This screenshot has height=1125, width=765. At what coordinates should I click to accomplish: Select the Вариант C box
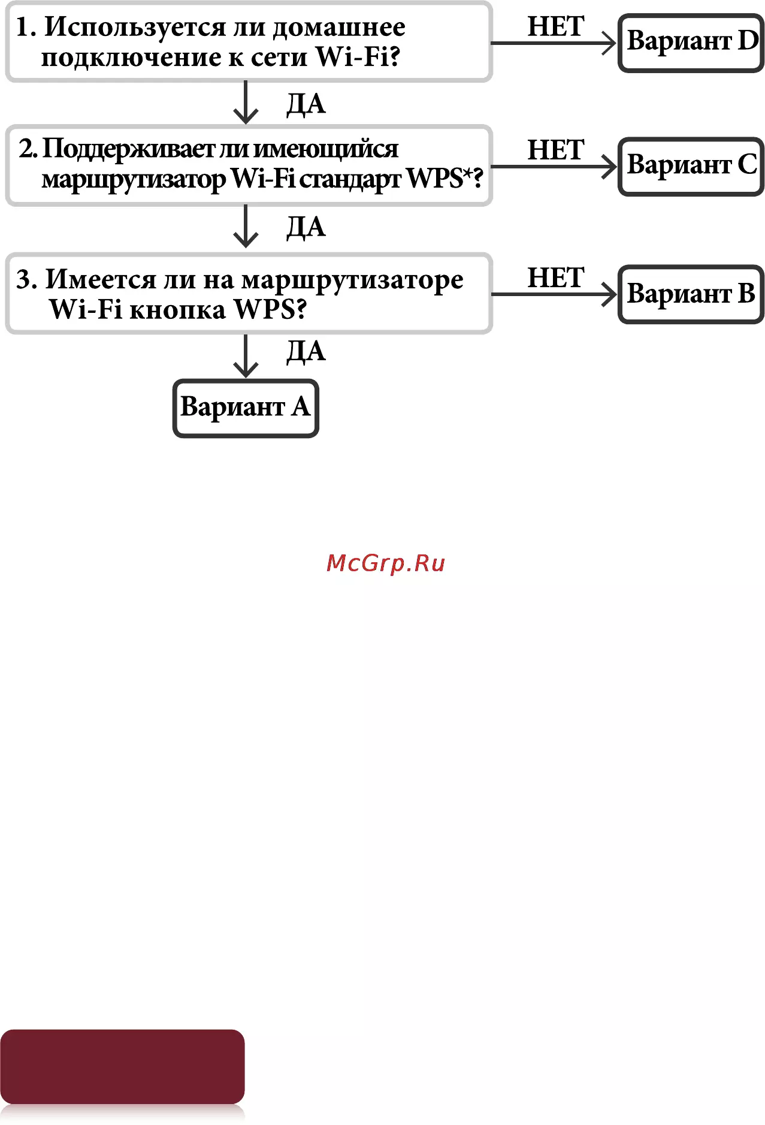tap(691, 166)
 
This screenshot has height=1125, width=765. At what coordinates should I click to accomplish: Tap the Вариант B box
tap(691, 294)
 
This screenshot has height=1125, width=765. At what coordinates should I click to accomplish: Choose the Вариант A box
tap(246, 408)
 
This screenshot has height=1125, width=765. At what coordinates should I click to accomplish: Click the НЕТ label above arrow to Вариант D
tap(555, 26)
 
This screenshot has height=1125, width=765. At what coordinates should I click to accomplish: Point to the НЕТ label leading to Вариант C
tap(555, 150)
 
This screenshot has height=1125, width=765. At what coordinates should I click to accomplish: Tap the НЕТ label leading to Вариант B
tap(555, 278)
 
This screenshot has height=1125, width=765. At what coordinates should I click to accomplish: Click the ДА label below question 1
tap(306, 104)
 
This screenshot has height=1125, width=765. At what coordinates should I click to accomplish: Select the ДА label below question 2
tap(306, 228)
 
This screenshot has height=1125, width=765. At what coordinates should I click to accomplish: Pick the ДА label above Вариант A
tap(306, 352)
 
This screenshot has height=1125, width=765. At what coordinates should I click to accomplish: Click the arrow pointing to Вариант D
tap(554, 43)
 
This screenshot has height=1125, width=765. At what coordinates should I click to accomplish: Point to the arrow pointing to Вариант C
tap(554, 167)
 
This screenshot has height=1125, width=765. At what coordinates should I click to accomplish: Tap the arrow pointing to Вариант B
tap(554, 294)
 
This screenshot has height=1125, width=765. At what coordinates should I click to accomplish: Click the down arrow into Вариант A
tap(246, 356)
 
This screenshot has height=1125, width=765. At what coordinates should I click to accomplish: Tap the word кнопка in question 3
tap(177, 310)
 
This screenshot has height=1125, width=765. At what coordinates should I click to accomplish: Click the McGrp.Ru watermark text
tap(386, 563)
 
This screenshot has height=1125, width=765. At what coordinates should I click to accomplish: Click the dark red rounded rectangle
tap(122, 1066)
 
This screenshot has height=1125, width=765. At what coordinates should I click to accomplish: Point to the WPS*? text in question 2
tap(445, 179)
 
